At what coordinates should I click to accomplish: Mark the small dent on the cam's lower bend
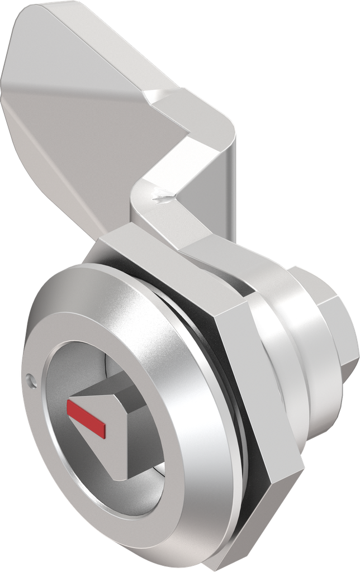pos(162,196)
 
